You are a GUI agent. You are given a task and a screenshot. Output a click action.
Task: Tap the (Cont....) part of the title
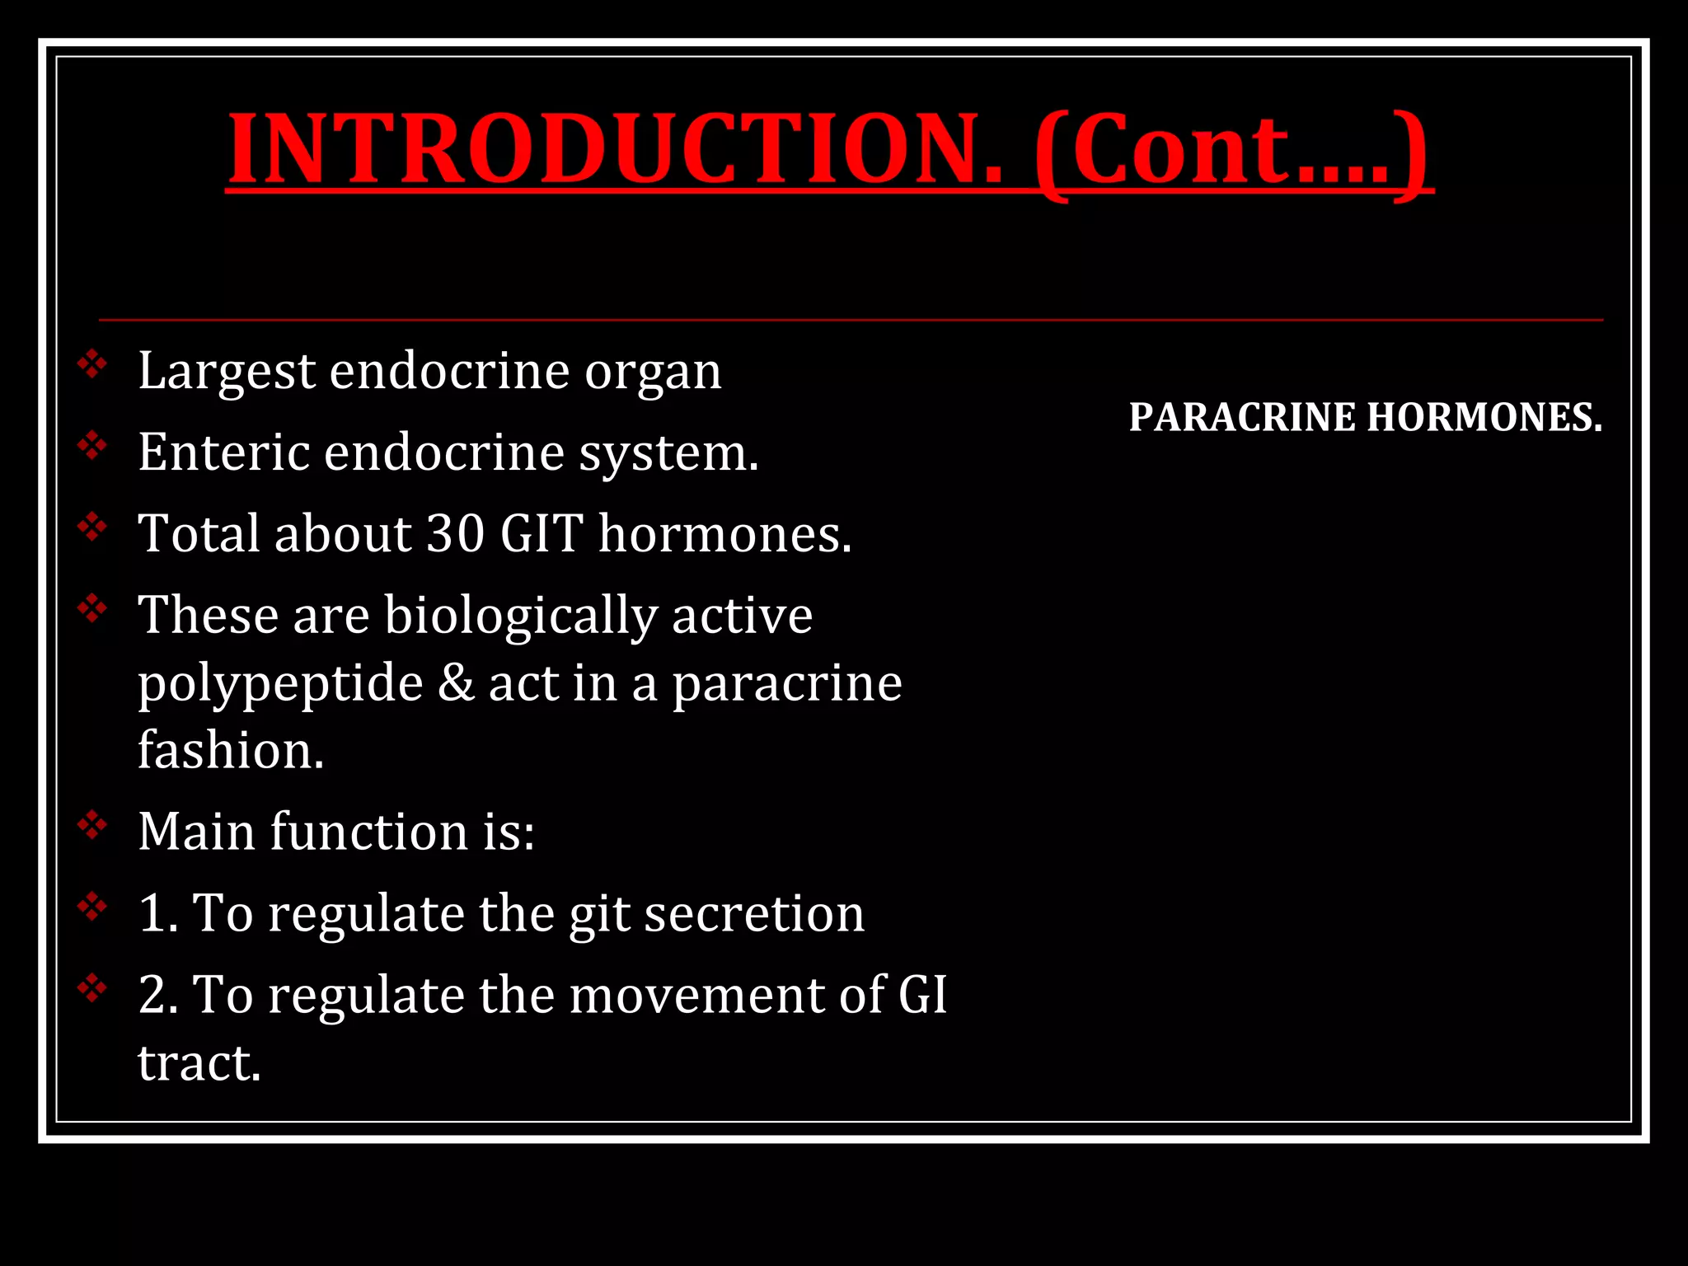point(1233,151)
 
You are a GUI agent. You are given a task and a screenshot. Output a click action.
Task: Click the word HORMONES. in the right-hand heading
point(1484,417)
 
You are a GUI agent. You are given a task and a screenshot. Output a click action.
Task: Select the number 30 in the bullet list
point(456,533)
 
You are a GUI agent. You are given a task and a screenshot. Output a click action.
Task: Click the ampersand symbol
point(456,683)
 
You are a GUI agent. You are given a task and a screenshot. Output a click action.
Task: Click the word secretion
point(754,913)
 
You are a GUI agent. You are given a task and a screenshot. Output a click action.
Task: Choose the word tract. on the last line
point(199,1062)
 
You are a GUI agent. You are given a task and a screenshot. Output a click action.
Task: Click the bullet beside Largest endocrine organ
point(92,363)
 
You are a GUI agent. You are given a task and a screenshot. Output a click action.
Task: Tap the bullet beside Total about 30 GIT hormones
point(92,526)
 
